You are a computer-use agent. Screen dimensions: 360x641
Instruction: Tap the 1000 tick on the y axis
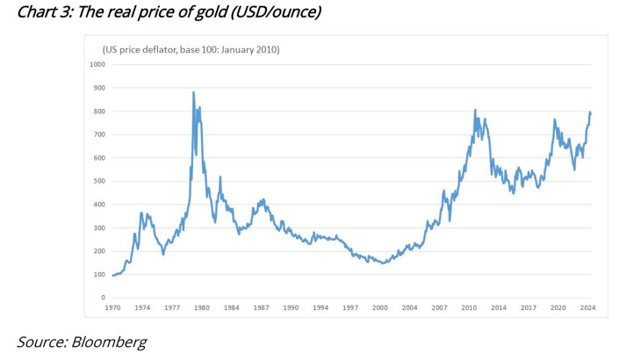coord(97,64)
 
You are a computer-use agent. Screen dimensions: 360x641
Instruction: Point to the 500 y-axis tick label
coord(98,181)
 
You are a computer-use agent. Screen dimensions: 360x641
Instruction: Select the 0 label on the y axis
coord(103,298)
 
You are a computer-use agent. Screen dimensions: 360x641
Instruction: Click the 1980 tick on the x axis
coord(202,307)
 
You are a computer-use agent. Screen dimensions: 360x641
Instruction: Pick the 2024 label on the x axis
coord(587,307)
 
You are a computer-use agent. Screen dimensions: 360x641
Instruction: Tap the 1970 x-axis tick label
coord(113,307)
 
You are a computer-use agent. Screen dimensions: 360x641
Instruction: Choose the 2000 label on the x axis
coord(379,307)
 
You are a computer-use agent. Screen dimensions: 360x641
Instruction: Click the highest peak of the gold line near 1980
coord(193,92)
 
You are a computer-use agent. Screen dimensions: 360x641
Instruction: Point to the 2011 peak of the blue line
coord(475,111)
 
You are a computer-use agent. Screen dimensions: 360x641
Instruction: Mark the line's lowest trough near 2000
coord(383,263)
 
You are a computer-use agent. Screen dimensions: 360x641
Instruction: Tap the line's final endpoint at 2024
coord(590,113)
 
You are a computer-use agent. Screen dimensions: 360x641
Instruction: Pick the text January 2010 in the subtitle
coord(249,49)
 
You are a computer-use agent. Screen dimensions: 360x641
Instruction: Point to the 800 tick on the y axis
coord(98,111)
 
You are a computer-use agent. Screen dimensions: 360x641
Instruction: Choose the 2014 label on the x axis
coord(499,307)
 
